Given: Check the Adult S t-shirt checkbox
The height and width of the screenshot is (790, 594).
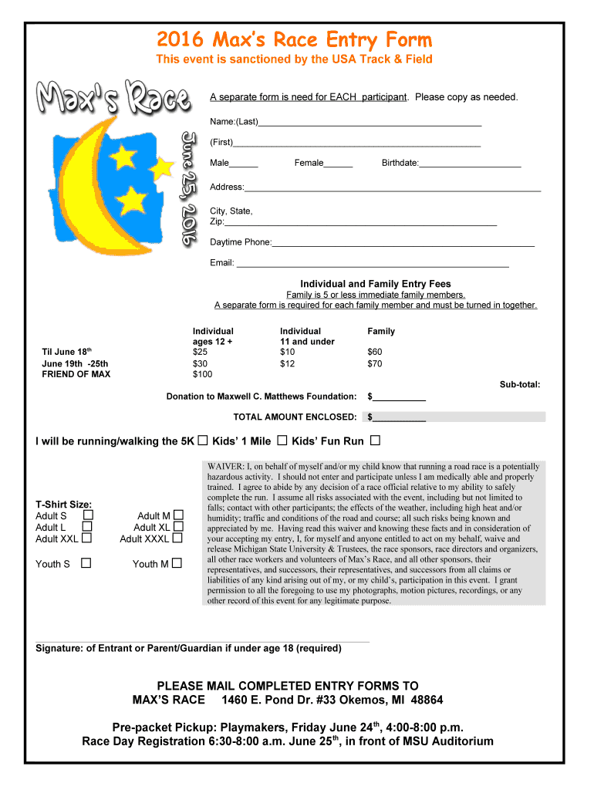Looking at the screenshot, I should click(88, 515).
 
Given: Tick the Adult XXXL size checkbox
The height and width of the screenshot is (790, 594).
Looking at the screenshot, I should click(178, 538).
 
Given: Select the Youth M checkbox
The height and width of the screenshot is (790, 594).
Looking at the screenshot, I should click(177, 563).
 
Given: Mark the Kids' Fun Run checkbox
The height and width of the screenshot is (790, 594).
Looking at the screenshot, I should click(375, 441).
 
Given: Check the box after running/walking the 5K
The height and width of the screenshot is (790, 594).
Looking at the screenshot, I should click(203, 441).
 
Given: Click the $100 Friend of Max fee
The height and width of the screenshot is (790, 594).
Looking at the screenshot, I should click(202, 374).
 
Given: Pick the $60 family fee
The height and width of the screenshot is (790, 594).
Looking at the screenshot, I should click(374, 353).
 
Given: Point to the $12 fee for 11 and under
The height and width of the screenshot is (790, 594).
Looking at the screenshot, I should click(287, 363).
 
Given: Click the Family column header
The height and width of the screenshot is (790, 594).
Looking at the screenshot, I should click(381, 331).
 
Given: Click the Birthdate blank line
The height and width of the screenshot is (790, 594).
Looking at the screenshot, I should click(470, 164).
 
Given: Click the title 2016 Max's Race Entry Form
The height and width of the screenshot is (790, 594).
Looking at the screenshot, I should click(295, 39).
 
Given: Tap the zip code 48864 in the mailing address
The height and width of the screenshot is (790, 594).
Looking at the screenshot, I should click(421, 700).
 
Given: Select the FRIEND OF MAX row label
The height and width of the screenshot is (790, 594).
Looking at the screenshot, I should click(76, 374).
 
